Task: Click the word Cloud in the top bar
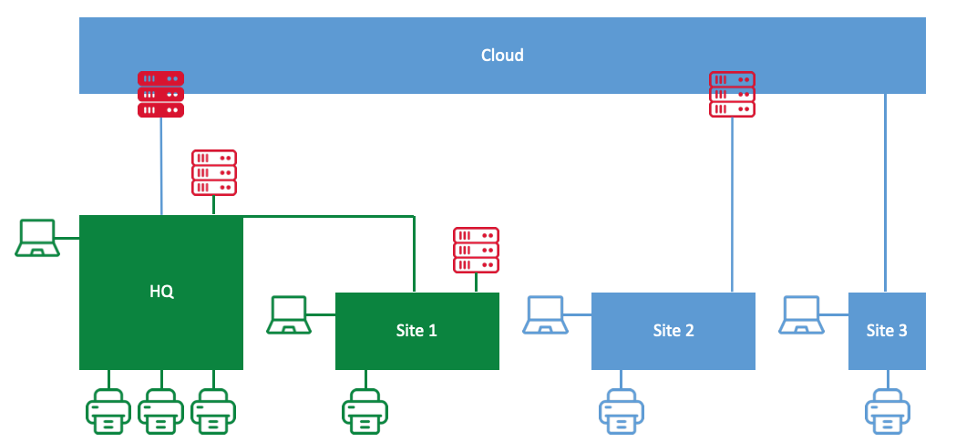[502, 56]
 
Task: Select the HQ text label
[161, 293]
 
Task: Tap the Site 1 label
[416, 331]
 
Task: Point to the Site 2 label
[673, 331]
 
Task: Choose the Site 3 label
[886, 331]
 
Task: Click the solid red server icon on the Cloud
[161, 94]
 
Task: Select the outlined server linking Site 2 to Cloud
[732, 94]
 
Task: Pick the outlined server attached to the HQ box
[214, 172]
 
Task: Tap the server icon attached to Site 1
[476, 250]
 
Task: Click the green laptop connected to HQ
[38, 238]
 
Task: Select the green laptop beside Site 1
[290, 314]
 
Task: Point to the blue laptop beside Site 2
[546, 314]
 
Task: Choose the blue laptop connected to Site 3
[803, 314]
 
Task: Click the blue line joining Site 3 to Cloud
[885, 191]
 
